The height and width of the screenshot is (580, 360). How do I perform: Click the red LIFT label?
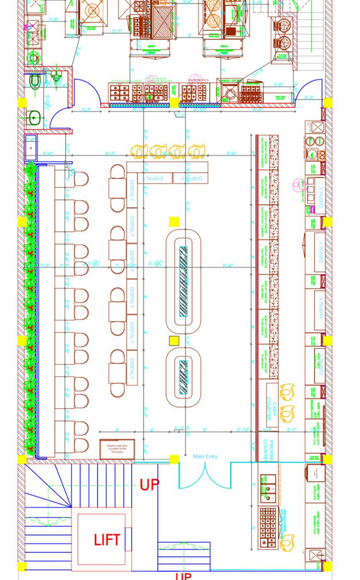click(107, 540)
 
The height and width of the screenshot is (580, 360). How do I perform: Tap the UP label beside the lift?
click(149, 485)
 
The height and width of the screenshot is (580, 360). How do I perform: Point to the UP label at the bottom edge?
click(183, 576)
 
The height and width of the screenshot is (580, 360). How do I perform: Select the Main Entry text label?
click(205, 457)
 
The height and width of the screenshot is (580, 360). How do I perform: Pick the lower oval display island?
click(182, 376)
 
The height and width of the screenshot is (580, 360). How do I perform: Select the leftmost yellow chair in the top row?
click(139, 152)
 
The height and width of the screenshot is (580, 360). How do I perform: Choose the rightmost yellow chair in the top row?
click(197, 152)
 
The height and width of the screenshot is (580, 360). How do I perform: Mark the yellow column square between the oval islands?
click(174, 341)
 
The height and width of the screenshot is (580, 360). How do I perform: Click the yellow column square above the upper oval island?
click(174, 222)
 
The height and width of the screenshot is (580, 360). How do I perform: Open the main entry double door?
click(205, 475)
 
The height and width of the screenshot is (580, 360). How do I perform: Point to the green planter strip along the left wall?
click(31, 310)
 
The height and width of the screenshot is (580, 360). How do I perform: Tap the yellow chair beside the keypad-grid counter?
click(288, 541)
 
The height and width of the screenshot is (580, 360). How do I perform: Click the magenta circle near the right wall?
click(298, 185)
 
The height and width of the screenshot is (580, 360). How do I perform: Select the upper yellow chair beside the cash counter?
click(287, 391)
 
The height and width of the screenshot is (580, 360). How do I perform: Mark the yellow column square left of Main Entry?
click(174, 460)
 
